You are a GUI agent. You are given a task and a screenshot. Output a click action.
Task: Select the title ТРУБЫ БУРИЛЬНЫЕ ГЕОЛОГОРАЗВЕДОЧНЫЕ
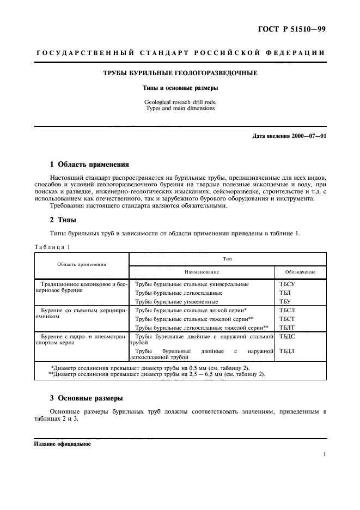pyautogui.click(x=181, y=72)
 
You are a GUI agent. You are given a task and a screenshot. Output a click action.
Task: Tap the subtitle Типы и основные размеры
pyautogui.click(x=180, y=87)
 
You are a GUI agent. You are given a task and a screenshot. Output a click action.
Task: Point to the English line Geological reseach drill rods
pyautogui.click(x=180, y=102)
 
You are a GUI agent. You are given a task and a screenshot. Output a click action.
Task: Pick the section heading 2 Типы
pyautogui.click(x=63, y=220)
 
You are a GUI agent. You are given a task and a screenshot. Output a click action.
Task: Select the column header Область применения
pyautogui.click(x=82, y=264)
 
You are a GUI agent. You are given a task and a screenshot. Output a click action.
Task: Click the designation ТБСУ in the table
pyautogui.click(x=286, y=284)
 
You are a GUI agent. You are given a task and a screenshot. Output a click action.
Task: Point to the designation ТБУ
pyautogui.click(x=285, y=301)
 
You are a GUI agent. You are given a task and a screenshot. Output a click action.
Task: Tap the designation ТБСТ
pyautogui.click(x=286, y=318)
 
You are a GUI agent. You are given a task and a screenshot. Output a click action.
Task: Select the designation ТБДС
pyautogui.click(x=286, y=337)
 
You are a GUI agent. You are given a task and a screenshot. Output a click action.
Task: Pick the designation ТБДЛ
pyautogui.click(x=286, y=351)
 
